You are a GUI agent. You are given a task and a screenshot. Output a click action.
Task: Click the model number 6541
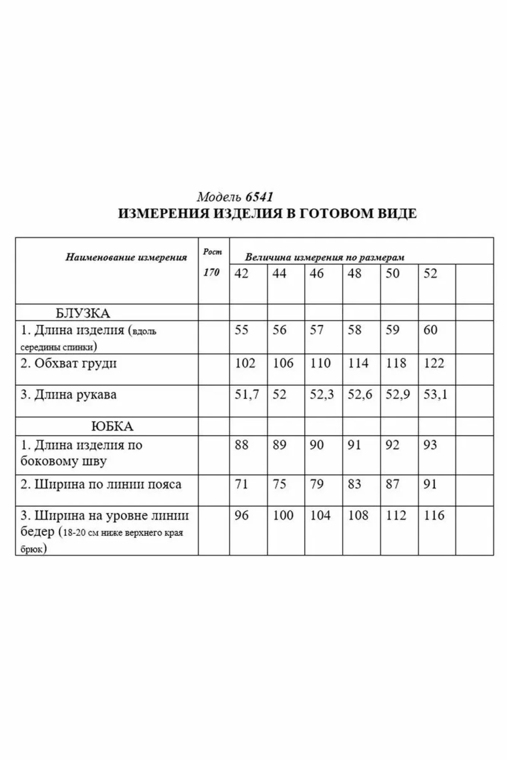click(x=259, y=197)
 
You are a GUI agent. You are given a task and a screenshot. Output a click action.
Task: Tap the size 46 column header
click(x=316, y=274)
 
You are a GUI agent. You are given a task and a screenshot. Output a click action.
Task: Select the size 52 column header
click(x=430, y=274)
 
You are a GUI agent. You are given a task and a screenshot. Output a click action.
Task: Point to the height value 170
click(x=211, y=272)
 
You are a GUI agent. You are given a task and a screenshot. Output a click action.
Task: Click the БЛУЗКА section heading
click(x=83, y=313)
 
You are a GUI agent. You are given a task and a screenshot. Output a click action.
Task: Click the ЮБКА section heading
click(x=112, y=426)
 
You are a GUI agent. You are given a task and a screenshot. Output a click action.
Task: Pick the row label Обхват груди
click(x=68, y=363)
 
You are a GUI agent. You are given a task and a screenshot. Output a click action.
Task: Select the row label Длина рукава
click(x=68, y=395)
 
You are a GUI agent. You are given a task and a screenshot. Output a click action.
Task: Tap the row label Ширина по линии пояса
click(x=101, y=484)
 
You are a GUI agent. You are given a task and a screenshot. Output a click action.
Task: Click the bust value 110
click(x=320, y=363)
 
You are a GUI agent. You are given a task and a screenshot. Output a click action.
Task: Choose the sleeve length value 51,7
click(x=246, y=395)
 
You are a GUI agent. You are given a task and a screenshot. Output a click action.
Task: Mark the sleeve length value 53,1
click(x=435, y=395)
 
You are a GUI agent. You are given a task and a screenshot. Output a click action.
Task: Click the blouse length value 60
click(x=430, y=330)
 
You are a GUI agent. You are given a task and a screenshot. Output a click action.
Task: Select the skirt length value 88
click(x=242, y=445)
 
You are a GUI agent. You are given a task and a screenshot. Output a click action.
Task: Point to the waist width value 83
click(x=354, y=484)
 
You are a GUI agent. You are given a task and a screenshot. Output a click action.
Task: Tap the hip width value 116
click(x=434, y=516)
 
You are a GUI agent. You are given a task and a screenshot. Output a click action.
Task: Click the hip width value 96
click(x=242, y=516)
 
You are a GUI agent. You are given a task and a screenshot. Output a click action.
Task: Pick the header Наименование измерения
click(x=126, y=258)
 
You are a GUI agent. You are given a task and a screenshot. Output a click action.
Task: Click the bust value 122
click(x=434, y=363)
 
